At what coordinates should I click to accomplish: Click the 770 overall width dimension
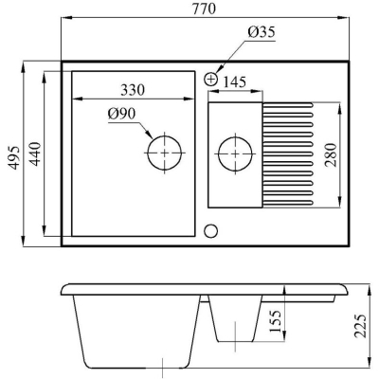point(205,9)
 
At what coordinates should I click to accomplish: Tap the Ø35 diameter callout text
point(262,32)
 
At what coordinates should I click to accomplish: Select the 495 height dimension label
point(14,158)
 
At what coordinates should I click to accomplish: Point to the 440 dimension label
point(35,154)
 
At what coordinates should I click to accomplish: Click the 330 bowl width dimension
point(133,90)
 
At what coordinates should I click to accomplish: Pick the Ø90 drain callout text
point(121,115)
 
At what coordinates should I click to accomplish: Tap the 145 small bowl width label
point(235,82)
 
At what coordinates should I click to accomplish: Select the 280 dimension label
point(330,154)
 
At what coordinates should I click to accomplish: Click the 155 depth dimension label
point(275,321)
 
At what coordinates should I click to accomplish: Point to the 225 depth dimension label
point(360,326)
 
